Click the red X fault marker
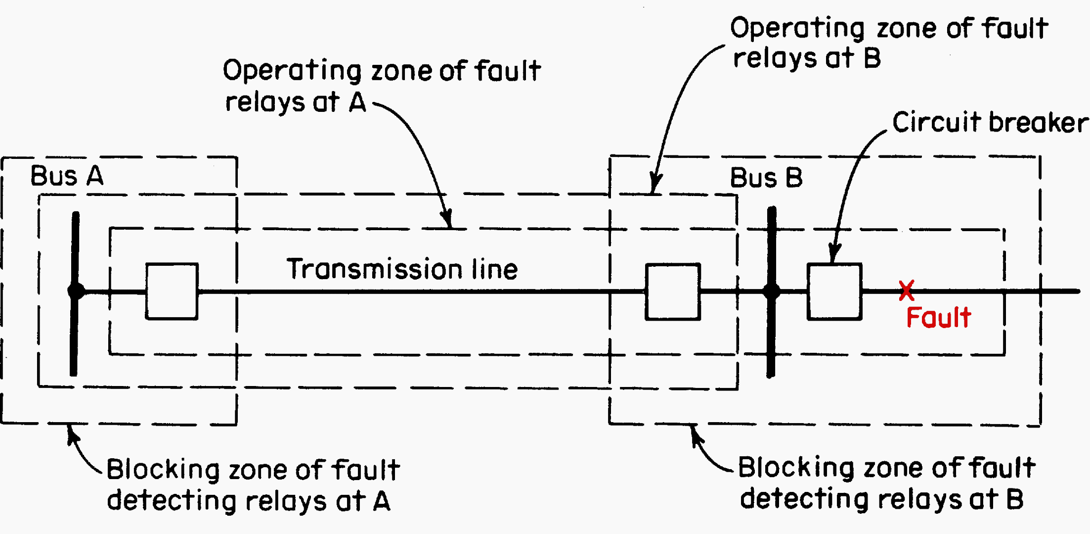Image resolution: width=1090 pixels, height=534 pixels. point(906,291)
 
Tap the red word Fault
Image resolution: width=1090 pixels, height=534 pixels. point(938,318)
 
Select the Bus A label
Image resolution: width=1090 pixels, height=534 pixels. point(67,176)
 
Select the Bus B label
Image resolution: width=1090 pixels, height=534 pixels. point(766,178)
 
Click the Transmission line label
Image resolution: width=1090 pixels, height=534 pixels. point(402,269)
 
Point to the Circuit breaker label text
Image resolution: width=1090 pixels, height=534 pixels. point(990,123)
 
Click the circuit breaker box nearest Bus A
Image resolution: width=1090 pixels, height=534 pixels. point(172,291)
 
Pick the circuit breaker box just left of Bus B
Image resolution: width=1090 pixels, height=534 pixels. point(673,291)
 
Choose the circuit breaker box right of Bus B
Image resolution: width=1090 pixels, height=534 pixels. point(834,291)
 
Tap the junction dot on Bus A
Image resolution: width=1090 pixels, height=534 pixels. point(76,291)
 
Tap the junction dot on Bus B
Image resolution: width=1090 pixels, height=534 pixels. point(771,291)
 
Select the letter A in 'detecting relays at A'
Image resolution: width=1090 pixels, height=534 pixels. point(382,501)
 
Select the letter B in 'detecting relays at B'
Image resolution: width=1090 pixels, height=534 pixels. point(1015,499)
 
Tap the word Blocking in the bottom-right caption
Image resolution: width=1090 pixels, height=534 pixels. point(796,468)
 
